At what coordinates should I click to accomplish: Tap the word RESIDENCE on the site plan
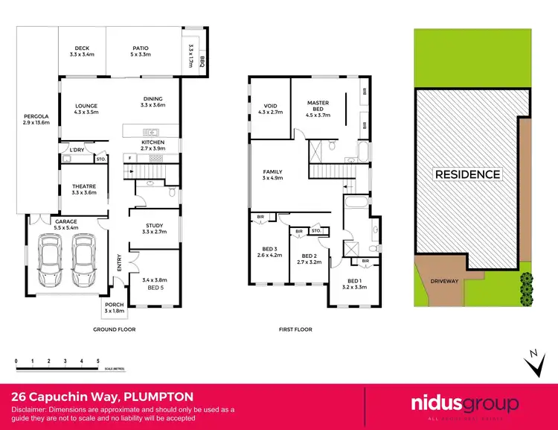(467, 174)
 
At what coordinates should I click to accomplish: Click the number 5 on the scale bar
(98, 361)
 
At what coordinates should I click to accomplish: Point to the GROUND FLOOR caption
(114, 329)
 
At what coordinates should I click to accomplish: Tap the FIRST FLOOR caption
(296, 329)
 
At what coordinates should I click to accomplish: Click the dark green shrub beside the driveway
(527, 283)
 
